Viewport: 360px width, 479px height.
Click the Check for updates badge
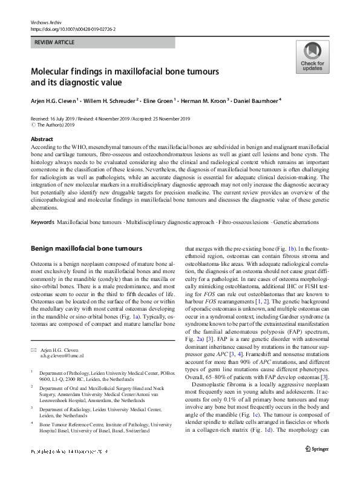coord(312,58)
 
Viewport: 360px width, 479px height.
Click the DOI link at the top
coord(73,28)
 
